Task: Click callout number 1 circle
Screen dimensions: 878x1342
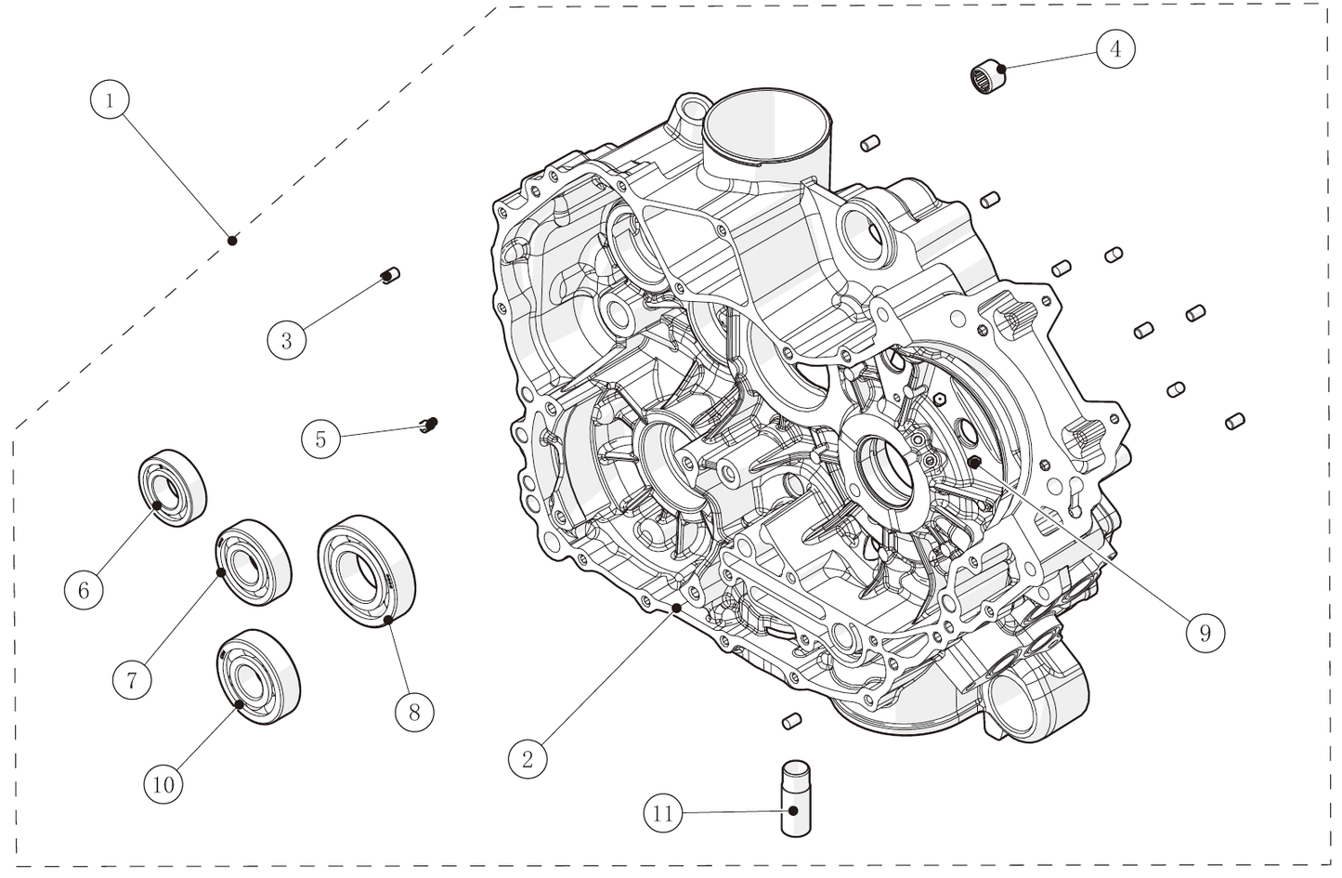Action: coord(110,99)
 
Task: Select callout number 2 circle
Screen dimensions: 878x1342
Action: coord(528,759)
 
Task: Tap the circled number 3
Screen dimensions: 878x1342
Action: coord(286,341)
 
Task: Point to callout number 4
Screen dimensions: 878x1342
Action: coord(1114,48)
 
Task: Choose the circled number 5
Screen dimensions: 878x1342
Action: coord(320,439)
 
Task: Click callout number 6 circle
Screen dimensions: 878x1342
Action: coord(84,590)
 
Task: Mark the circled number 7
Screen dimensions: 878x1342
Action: coord(132,680)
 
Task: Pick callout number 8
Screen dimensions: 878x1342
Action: coord(414,712)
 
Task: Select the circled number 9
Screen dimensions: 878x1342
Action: coord(1205,633)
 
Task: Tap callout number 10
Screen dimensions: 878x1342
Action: coord(163,784)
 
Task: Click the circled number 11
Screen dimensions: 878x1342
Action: coord(662,814)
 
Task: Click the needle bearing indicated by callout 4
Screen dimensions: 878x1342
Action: coord(990,77)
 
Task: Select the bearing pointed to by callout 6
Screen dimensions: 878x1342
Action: coord(172,487)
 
